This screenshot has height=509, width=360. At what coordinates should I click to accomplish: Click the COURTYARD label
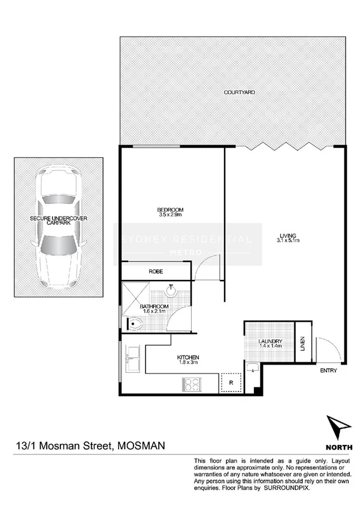click(240, 92)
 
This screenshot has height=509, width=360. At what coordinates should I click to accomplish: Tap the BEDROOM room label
click(170, 209)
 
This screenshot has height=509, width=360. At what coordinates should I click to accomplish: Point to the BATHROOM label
click(155, 306)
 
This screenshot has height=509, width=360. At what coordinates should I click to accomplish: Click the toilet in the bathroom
click(136, 325)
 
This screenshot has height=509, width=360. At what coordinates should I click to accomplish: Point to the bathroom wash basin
click(171, 293)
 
